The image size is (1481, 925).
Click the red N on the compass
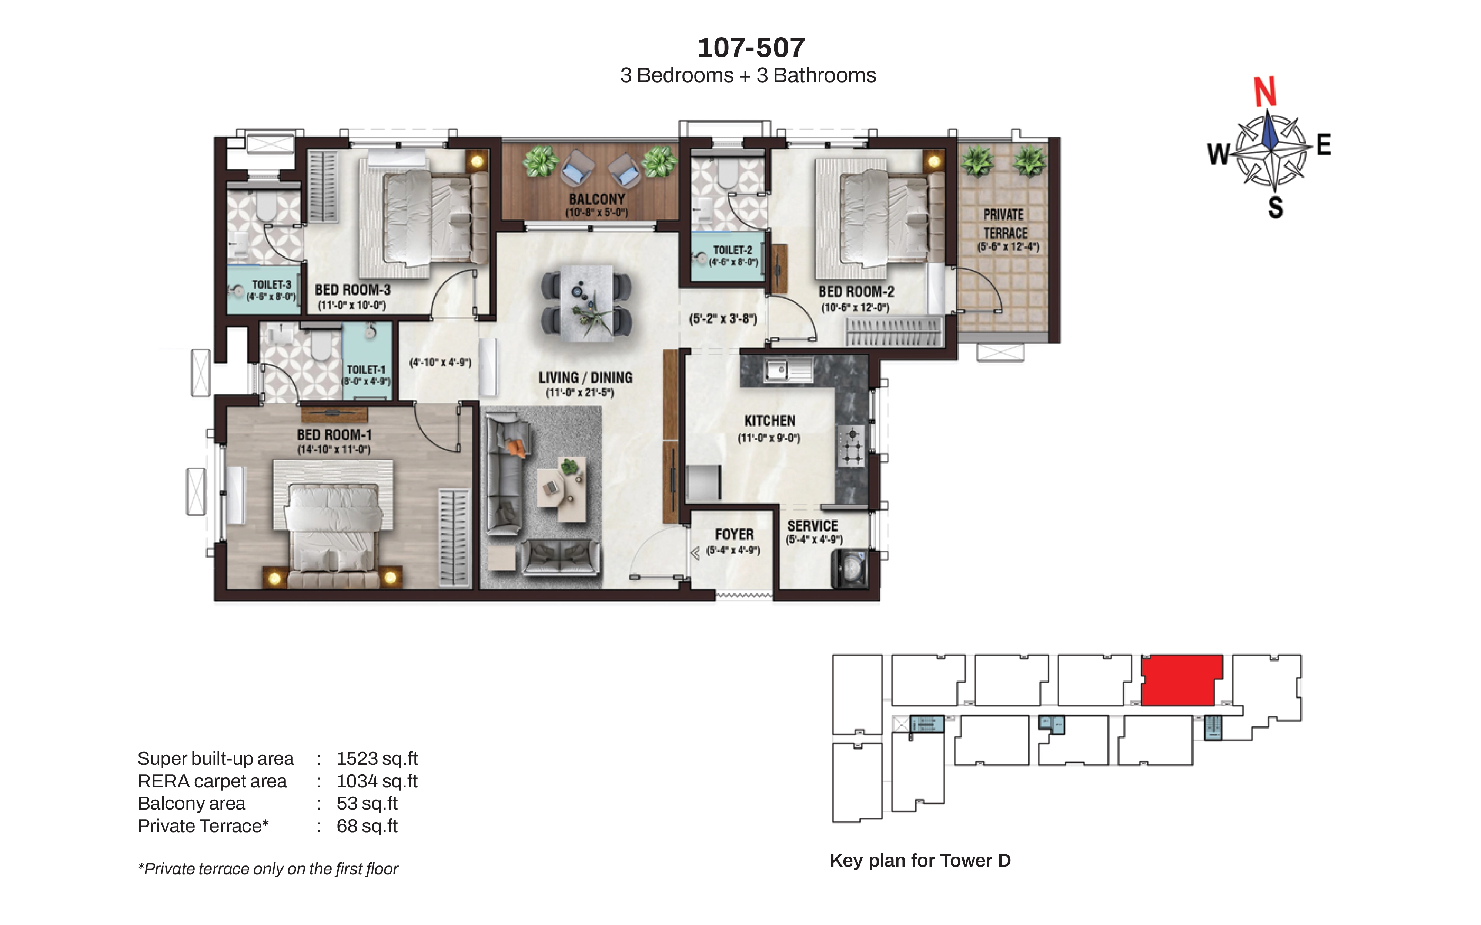pos(1265,92)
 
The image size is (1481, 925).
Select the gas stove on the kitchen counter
pos(851,446)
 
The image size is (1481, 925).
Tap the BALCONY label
pos(597,199)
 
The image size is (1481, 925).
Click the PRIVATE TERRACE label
pos(1005,224)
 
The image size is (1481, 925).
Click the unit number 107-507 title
pos(752,48)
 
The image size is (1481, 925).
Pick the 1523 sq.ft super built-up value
pos(377,758)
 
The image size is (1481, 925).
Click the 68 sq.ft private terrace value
pos(367,826)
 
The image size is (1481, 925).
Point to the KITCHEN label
pos(770,421)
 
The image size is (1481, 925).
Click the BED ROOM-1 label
pos(334,435)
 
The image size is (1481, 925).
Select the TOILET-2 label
pos(733,250)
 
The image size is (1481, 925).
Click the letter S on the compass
pos(1276,208)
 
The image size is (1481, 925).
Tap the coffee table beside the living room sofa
pos(561,490)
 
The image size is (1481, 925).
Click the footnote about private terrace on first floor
pos(268,869)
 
